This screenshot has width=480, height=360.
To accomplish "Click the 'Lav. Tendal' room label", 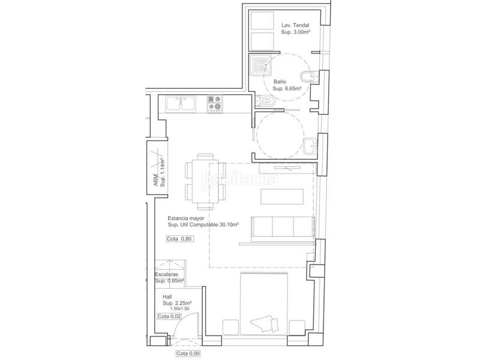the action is [295, 25].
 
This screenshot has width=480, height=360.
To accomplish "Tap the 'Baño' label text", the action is [280, 82].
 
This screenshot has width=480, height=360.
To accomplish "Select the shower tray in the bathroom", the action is [260, 65].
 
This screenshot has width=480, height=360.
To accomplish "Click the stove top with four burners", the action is [214, 104].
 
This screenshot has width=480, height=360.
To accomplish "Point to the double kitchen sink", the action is [181, 103].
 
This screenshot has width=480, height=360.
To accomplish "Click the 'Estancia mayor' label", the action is [186, 218].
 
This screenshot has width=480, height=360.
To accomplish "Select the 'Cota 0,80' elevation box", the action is [180, 238].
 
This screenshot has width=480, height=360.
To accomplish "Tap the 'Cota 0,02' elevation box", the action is [169, 316].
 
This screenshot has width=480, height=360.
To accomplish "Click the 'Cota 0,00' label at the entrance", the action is [188, 353].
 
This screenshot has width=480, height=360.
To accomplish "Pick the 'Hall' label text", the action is [167, 296].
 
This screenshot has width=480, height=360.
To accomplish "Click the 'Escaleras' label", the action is [167, 274].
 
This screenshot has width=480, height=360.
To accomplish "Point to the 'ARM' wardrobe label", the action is [156, 180].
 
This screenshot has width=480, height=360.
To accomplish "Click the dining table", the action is [205, 181].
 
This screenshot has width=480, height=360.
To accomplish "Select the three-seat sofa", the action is [283, 227].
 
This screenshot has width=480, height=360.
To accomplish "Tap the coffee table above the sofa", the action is [282, 197].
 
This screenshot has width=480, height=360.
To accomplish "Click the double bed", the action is [264, 304].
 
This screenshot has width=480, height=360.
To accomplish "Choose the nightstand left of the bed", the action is [230, 327].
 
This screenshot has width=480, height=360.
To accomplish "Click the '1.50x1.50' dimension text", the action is [180, 308].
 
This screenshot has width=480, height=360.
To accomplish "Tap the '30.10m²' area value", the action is [229, 224].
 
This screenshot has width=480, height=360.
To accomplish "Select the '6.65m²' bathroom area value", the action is [293, 88].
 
